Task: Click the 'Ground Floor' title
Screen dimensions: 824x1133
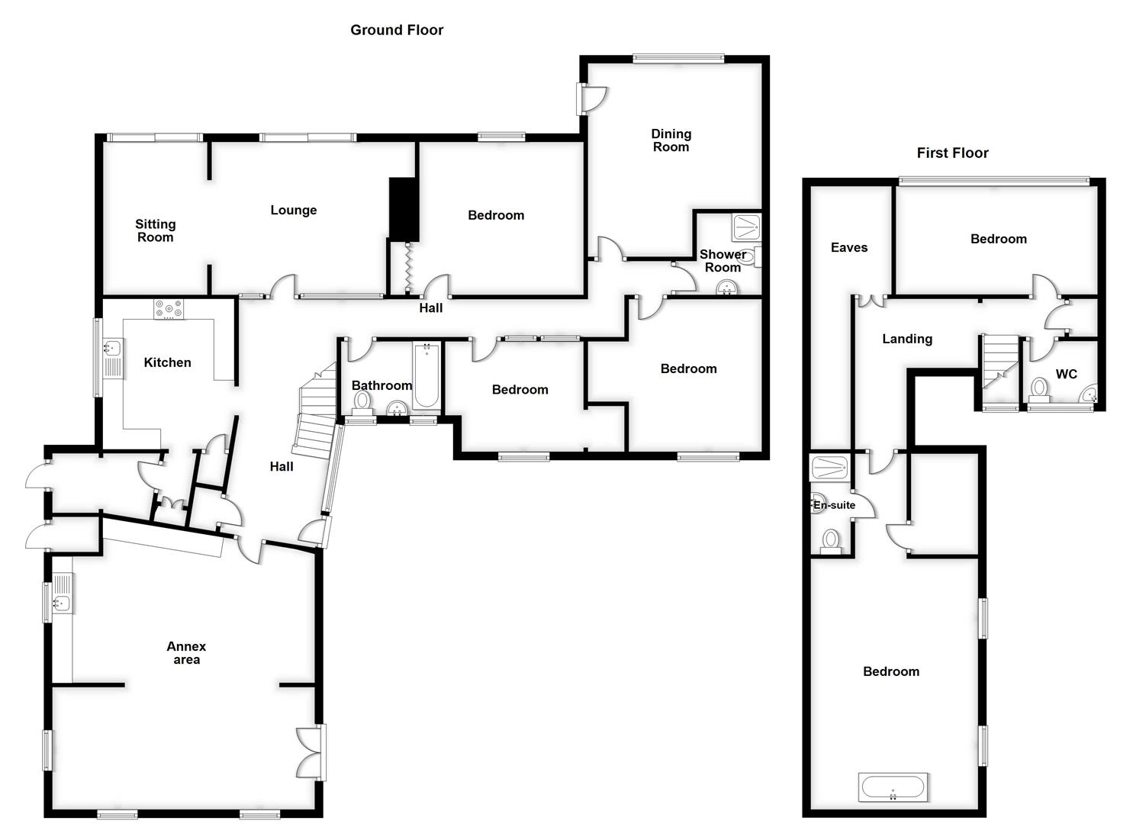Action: (x=397, y=31)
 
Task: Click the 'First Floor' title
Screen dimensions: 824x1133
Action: (x=952, y=153)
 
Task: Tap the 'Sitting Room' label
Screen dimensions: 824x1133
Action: (x=156, y=230)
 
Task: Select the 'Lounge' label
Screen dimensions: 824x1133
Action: (x=294, y=211)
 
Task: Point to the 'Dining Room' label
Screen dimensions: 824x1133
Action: (x=671, y=141)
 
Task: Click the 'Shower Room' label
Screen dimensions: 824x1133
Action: (x=723, y=261)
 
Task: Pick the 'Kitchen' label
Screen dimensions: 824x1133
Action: (x=167, y=362)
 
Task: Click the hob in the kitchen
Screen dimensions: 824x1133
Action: (x=169, y=308)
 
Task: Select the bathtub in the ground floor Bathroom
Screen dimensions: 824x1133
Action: (x=426, y=375)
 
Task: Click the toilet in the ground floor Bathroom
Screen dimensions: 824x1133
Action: (x=362, y=401)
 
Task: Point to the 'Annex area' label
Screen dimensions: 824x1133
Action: (x=186, y=653)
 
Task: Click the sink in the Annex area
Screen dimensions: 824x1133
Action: (x=60, y=604)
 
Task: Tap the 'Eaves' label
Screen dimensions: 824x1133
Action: (x=849, y=248)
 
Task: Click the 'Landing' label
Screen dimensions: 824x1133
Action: (x=907, y=340)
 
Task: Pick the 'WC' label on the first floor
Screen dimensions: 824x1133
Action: (x=1066, y=375)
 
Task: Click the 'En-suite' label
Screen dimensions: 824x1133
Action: (x=835, y=505)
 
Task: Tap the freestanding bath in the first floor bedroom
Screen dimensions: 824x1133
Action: (x=893, y=787)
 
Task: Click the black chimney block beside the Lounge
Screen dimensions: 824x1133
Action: (x=404, y=208)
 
